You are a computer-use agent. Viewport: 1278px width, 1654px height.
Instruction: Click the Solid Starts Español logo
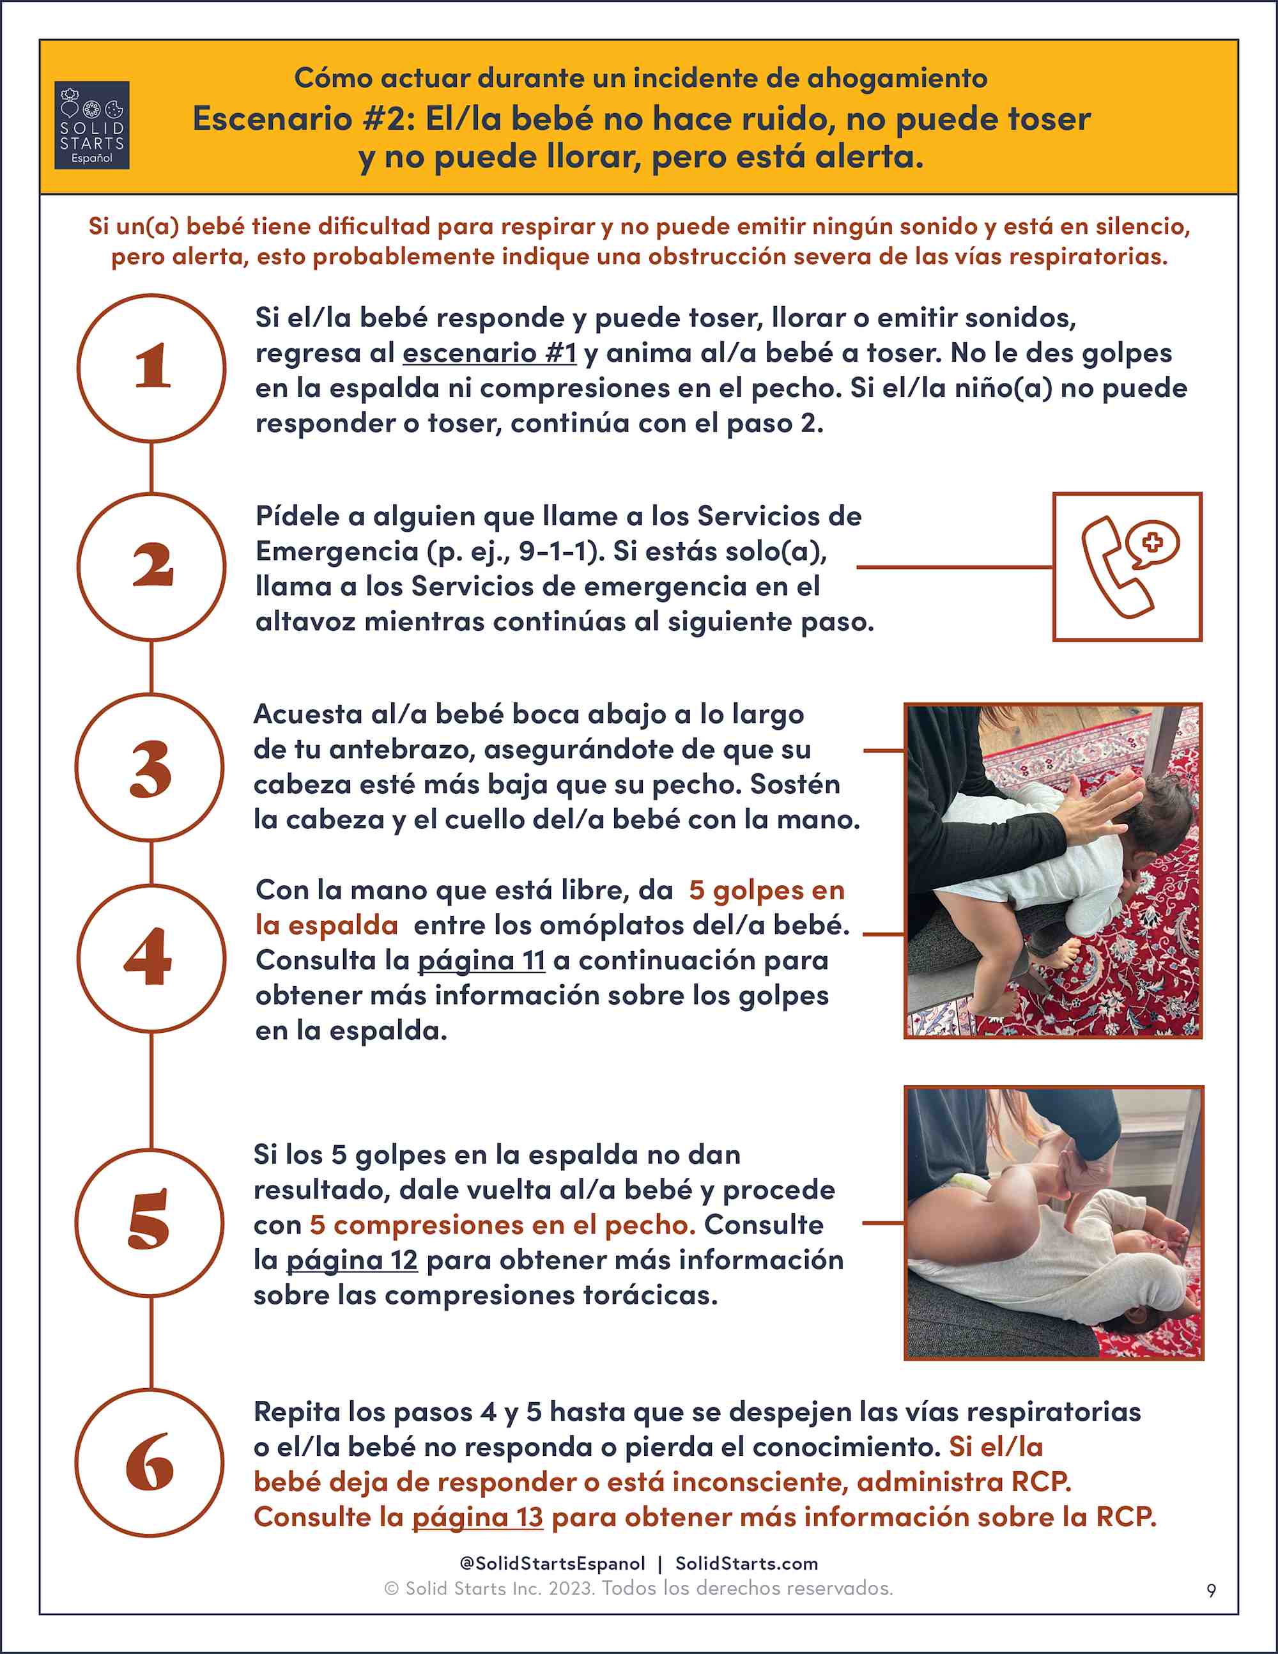91,125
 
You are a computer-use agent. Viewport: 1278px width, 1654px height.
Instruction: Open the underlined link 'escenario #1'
490,353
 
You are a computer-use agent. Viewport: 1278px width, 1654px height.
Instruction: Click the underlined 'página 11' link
482,961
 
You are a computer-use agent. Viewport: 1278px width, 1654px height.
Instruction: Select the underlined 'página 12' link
352,1260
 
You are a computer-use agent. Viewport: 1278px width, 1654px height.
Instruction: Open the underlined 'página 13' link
478,1517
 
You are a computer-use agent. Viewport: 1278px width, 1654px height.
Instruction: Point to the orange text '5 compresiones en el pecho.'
503,1225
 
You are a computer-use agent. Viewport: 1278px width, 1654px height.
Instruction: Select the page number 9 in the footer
1212,1590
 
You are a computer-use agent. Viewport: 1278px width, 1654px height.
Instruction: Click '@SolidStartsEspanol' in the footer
553,1563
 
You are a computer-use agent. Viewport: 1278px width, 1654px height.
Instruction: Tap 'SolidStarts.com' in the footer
746,1563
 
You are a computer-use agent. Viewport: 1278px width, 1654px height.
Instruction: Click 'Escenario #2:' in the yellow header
304,119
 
